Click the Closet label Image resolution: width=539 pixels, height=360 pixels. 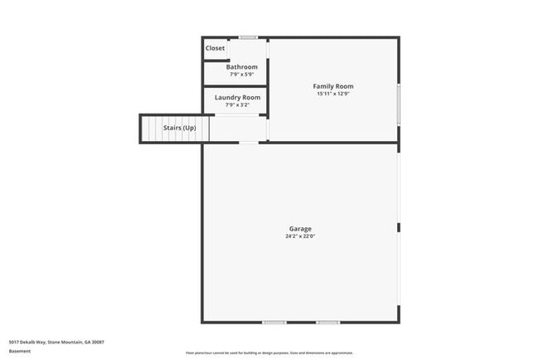[x=215, y=48]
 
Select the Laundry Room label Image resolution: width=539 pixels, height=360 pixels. [x=237, y=98]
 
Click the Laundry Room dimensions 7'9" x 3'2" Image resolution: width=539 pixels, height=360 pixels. [x=237, y=105]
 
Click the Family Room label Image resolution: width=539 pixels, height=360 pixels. [x=333, y=86]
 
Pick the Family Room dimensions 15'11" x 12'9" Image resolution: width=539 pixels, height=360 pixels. [x=333, y=94]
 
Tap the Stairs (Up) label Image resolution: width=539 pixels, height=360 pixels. [x=179, y=129]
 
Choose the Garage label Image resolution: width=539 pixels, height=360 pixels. [x=300, y=229]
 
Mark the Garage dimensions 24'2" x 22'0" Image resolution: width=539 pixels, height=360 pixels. [x=300, y=236]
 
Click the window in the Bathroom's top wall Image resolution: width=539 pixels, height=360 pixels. [x=248, y=37]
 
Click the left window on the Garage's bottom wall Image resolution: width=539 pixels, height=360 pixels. [x=274, y=322]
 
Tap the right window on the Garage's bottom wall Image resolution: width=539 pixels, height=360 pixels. [x=328, y=322]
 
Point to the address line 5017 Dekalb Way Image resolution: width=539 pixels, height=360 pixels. [x=56, y=342]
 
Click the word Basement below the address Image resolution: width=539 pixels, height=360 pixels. [x=20, y=351]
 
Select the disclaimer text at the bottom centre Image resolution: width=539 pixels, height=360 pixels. [x=269, y=353]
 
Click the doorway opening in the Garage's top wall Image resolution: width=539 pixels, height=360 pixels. [x=249, y=143]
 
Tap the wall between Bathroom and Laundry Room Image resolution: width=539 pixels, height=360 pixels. [x=235, y=85]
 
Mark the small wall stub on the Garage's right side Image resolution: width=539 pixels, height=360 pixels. [x=399, y=226]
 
